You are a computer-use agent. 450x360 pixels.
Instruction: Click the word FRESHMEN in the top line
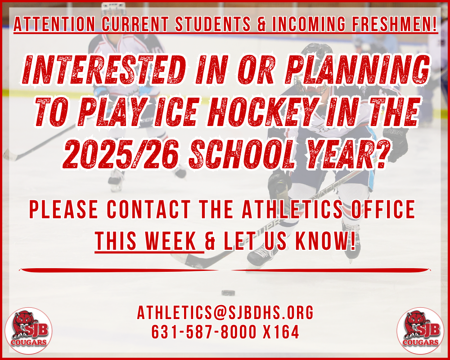[394, 24]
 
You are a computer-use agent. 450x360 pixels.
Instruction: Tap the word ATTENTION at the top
[54, 24]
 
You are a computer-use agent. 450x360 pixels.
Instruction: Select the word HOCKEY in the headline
[263, 112]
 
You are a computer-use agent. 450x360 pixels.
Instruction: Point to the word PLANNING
[358, 70]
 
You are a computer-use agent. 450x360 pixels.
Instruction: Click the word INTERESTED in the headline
[103, 70]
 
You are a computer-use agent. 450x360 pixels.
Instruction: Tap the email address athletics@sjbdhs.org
[225, 312]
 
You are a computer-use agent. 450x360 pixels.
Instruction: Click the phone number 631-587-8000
[203, 332]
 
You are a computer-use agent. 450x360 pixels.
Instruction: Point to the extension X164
[281, 332]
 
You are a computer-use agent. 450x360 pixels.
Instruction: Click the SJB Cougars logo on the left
[29, 331]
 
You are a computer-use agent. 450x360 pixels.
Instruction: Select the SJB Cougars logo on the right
[420, 331]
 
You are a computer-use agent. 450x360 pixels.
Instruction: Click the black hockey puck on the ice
[229, 293]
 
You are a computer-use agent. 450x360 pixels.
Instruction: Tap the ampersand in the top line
[262, 24]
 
